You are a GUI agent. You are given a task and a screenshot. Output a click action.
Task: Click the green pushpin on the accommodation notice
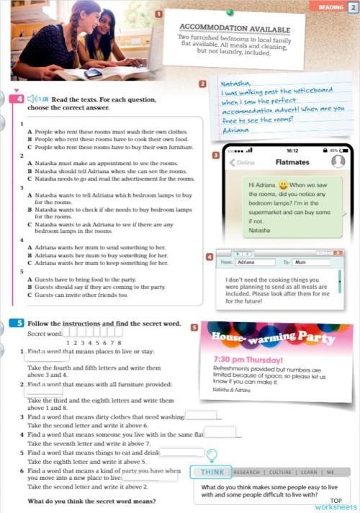(232, 12)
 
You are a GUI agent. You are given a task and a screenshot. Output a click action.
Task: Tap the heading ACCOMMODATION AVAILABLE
(234, 30)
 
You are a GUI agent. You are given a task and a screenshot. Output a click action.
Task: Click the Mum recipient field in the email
(311, 263)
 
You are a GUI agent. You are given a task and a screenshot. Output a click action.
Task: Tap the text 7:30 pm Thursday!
(248, 360)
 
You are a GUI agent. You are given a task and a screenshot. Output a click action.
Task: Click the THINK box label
(212, 473)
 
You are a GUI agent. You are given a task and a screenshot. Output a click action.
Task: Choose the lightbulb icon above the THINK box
(212, 455)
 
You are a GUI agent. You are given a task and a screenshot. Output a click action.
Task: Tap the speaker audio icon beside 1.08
(33, 99)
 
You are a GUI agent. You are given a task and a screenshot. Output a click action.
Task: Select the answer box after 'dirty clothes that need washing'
(201, 415)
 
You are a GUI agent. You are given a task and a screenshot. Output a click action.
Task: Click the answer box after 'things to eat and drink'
(181, 452)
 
